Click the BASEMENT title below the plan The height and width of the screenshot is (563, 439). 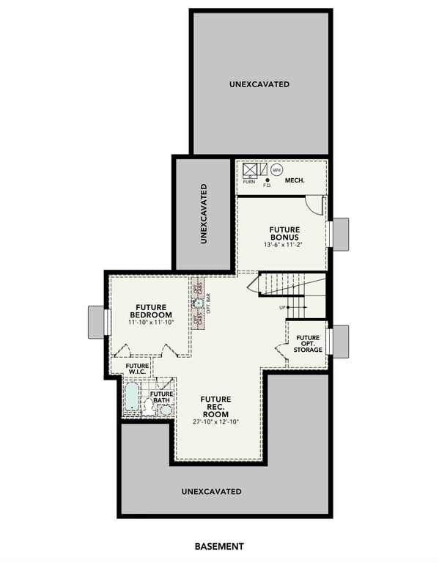tap(219, 546)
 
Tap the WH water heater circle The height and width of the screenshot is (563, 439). tap(276, 170)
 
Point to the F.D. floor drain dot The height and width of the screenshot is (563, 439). tap(268, 180)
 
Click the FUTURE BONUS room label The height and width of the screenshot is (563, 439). tap(283, 232)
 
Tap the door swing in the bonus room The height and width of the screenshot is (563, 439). tap(314, 206)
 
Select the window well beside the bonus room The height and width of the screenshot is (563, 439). tap(339, 233)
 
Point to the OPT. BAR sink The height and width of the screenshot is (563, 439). tap(199, 302)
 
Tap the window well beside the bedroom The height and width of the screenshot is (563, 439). tap(97, 320)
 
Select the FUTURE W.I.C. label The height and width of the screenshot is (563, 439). tap(136, 369)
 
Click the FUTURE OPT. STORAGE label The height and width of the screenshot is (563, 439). tap(309, 343)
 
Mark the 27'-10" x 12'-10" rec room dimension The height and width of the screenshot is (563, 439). tap(216, 422)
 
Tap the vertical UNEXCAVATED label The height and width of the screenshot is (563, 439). tap(203, 213)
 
